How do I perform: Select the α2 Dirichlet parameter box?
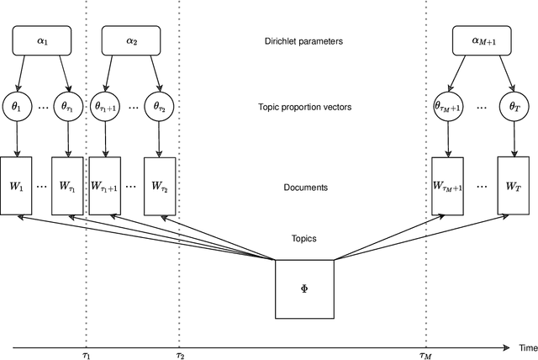tap(131, 40)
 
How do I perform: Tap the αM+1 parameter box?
tap(483, 40)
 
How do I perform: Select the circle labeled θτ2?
tap(160, 108)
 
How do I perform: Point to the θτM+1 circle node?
tap(447, 108)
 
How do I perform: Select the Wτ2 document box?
tap(160, 187)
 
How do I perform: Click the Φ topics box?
tap(304, 289)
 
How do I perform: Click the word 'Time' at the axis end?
tap(526, 347)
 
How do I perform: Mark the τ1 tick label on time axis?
tap(86, 356)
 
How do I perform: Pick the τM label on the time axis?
tap(426, 356)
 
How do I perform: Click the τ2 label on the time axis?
tap(179, 356)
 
